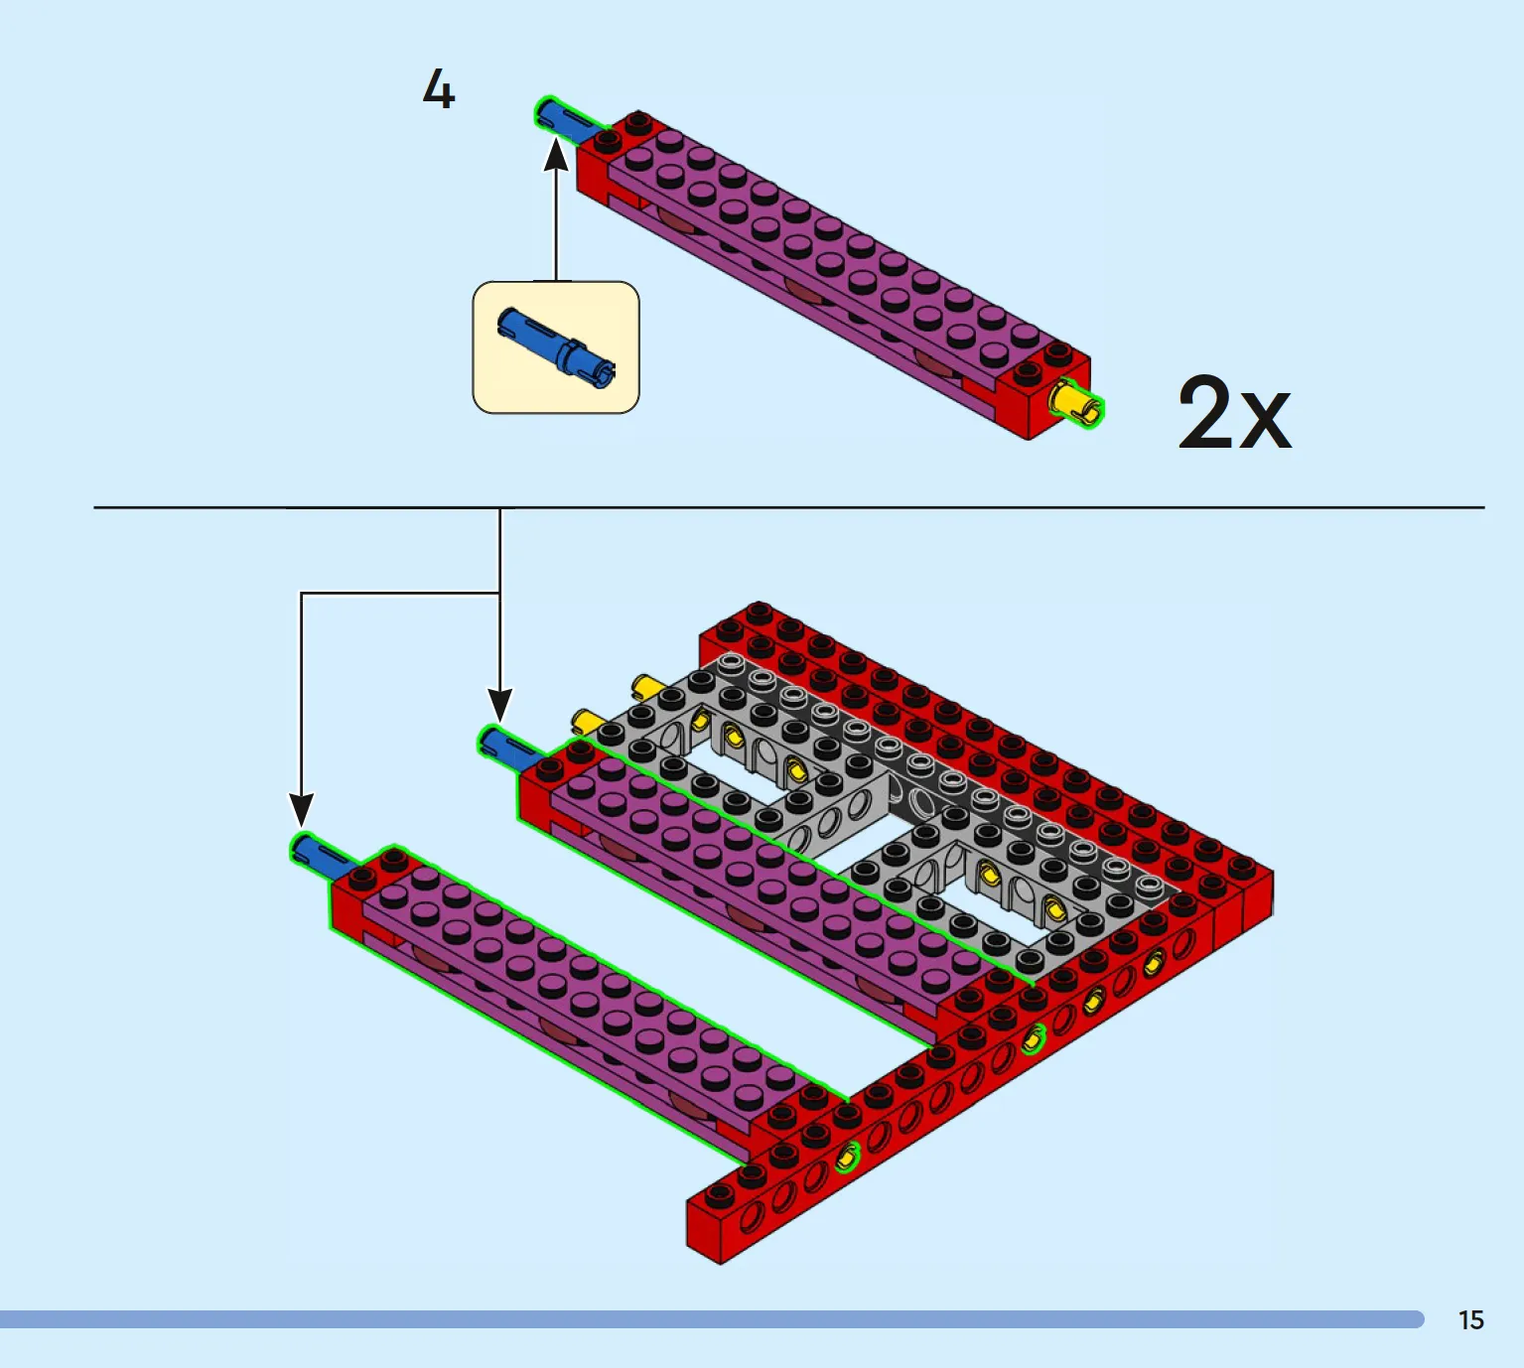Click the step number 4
pos(439,89)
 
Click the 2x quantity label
pos(1234,413)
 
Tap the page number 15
pos(1471,1320)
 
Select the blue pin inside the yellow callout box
pos(557,347)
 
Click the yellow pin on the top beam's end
pos(1078,403)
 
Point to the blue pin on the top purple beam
pos(566,122)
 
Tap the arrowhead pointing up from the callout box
pos(556,154)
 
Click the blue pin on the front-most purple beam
pos(322,857)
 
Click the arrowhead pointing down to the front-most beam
pos(301,810)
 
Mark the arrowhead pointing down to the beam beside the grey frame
pos(499,706)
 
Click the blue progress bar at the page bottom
pos(711,1319)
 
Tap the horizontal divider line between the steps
pos(789,507)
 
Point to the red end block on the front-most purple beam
pos(362,894)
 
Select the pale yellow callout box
pos(556,347)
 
